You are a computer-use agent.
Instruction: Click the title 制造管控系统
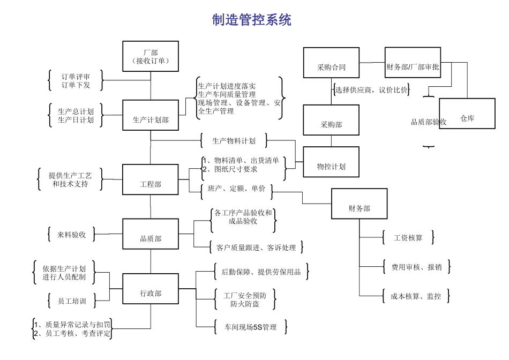(252, 20)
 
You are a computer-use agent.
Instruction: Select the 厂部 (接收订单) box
(150, 56)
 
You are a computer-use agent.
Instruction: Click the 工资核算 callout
(408, 237)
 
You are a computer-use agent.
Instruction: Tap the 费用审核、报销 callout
(416, 267)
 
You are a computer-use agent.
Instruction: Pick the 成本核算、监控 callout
(416, 296)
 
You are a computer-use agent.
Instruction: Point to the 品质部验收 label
(429, 122)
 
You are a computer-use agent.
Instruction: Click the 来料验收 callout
(71, 234)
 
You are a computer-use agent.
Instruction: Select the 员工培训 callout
(71, 301)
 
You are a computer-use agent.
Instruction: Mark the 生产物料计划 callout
(234, 141)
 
